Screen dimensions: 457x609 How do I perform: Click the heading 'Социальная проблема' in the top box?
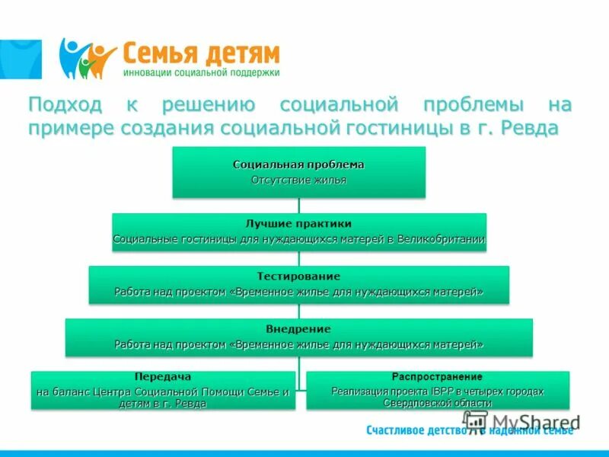298,165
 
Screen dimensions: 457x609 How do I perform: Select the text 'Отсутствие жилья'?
298,181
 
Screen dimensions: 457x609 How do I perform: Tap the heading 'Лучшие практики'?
298,224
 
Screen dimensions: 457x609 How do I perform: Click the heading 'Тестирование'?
298,276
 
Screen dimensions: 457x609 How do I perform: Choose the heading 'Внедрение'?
298,329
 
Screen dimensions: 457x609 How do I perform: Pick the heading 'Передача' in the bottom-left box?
162,377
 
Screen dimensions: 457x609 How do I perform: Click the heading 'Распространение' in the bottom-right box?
437,377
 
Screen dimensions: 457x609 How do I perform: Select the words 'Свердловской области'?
437,403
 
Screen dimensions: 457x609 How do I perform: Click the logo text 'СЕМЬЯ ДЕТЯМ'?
202,54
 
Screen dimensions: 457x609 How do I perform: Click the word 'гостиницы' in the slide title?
391,127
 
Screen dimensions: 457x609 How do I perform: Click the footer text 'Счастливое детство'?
415,431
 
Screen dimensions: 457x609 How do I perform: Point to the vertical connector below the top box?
298,205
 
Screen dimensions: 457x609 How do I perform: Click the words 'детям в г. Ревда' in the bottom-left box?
162,403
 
